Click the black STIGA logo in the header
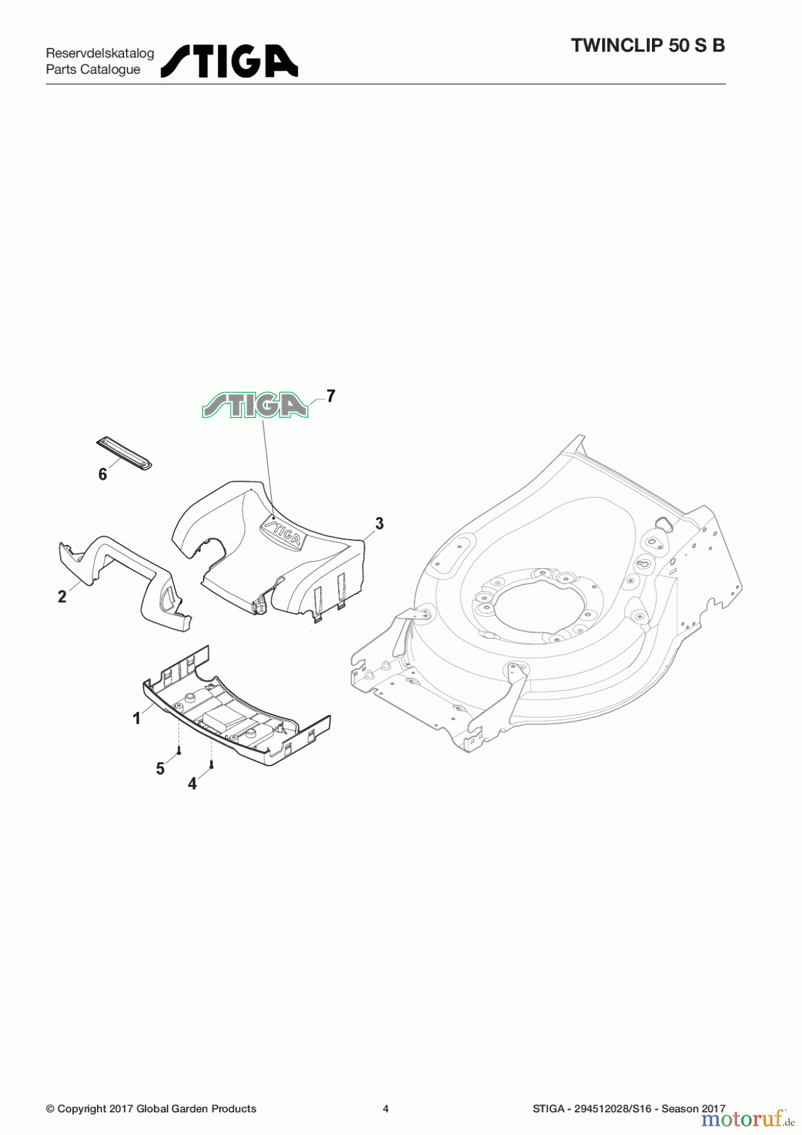(x=230, y=61)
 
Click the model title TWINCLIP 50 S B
(x=648, y=45)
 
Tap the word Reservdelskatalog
(x=100, y=53)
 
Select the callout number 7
(x=330, y=396)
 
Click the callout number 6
(x=103, y=474)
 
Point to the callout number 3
(x=379, y=523)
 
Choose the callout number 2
(x=62, y=597)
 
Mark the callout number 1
(x=136, y=718)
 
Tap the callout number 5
(x=160, y=769)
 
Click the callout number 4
(x=192, y=784)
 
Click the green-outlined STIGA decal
(x=255, y=405)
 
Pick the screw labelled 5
(x=179, y=751)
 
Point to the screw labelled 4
(x=212, y=765)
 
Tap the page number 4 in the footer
(x=386, y=1109)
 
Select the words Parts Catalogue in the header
(x=93, y=69)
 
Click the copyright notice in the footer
(x=151, y=1109)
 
